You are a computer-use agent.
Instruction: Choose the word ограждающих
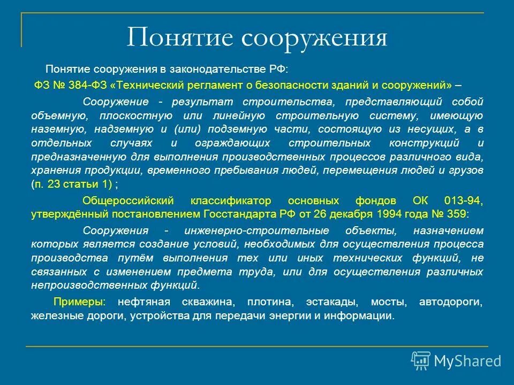click(225, 143)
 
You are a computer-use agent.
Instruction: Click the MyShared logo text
click(467, 361)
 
